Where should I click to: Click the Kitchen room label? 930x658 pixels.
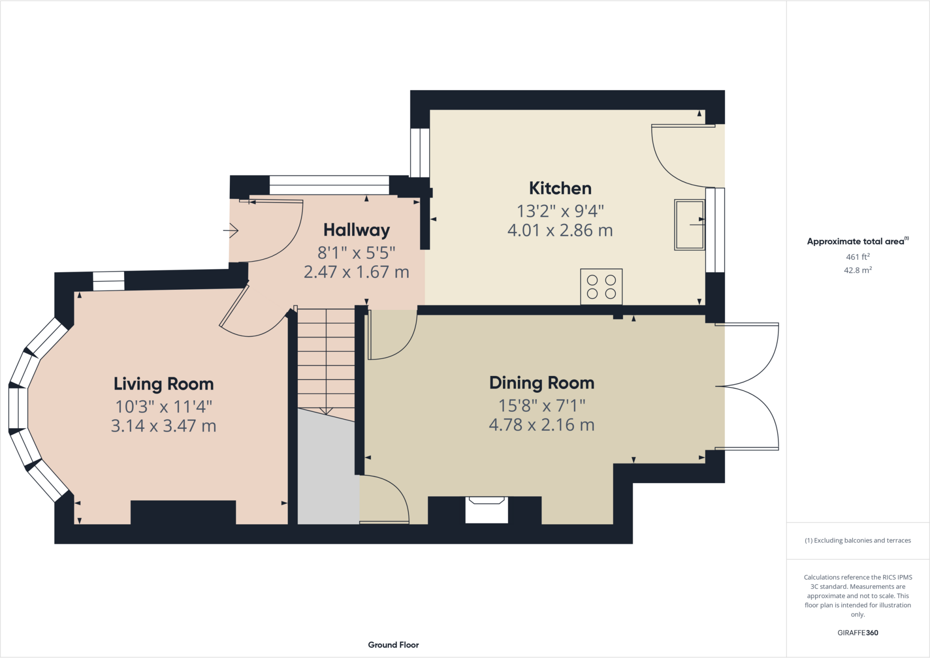pos(560,188)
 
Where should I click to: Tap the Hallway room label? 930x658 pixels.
pos(356,230)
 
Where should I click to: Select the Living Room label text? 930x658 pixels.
pos(163,384)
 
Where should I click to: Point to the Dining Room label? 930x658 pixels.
pos(542,383)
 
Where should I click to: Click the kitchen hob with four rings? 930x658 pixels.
pos(601,287)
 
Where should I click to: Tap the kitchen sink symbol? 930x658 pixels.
pos(689,225)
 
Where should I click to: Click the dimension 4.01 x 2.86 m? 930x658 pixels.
pos(560,231)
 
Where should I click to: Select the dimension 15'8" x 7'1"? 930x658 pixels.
pos(542,405)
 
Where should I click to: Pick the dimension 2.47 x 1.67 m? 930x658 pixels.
pos(356,272)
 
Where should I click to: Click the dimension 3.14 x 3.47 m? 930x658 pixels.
pos(163,426)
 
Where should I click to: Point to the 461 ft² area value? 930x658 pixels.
pos(857,257)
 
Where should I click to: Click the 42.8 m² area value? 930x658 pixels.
pos(857,270)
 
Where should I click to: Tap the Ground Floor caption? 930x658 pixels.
pos(393,645)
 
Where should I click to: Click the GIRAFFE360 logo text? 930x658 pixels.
pos(857,633)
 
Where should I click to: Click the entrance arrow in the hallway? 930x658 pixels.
pos(231,231)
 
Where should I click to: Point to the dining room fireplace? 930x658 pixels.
pos(486,510)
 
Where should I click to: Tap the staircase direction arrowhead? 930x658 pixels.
pos(326,411)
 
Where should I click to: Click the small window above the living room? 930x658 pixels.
pos(109,281)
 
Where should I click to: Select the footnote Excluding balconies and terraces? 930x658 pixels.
pos(857,540)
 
